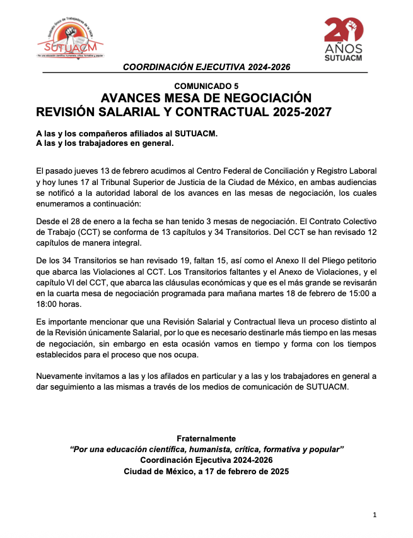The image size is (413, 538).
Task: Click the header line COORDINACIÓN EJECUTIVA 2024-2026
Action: [x=206, y=67]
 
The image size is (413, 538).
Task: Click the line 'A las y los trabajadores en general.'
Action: [x=105, y=143]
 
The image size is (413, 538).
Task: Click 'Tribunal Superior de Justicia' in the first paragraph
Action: [x=158, y=182]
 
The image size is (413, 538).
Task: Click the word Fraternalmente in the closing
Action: [x=206, y=438]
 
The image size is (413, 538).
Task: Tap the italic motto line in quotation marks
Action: [x=206, y=449]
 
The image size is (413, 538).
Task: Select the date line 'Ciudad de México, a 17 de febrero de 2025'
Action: [x=206, y=472]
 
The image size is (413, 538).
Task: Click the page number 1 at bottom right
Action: [x=375, y=515]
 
